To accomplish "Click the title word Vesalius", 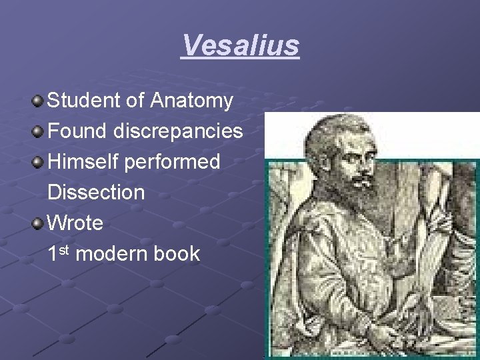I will pos(240,46).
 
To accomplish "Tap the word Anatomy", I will pos(192,101).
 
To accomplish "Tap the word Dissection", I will pos(96,193).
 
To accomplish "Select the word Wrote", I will pos(75,223).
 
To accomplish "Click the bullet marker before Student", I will pos(38,101).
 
